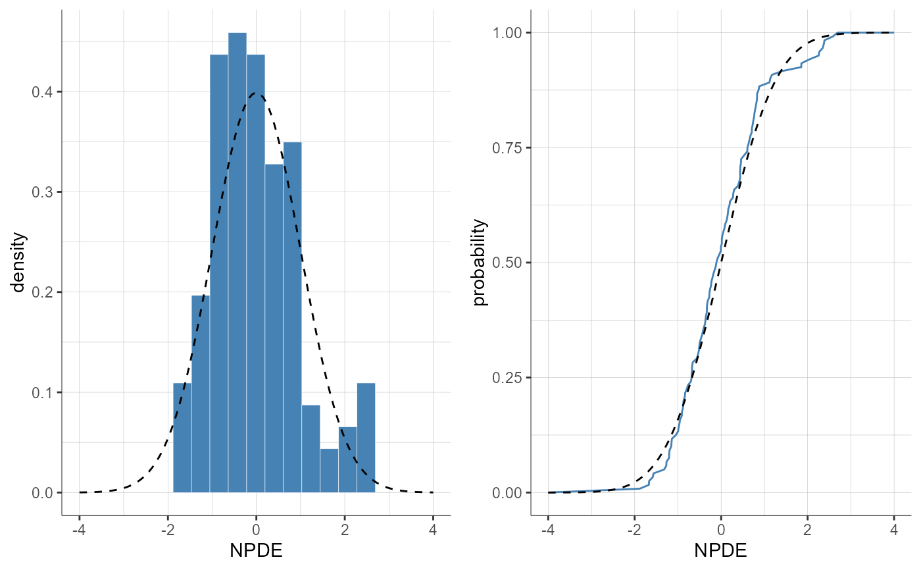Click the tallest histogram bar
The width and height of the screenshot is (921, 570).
[x=237, y=263]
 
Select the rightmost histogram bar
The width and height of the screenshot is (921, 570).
[x=366, y=438]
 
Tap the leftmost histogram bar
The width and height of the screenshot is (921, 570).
[x=182, y=438]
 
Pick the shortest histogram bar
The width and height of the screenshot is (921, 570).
[x=329, y=471]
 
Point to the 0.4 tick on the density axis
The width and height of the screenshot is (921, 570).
[x=43, y=92]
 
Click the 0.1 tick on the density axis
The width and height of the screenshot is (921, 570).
[x=43, y=392]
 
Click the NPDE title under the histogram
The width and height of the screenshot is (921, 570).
[x=256, y=550]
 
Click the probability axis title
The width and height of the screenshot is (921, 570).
[x=481, y=263]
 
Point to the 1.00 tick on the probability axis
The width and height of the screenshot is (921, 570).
[x=509, y=32]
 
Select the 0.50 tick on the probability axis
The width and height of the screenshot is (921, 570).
[x=509, y=263]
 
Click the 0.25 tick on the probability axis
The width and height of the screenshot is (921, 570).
[x=509, y=378]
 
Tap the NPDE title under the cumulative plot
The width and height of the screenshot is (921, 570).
[x=720, y=550]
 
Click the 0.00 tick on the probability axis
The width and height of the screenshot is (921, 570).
[x=509, y=492]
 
